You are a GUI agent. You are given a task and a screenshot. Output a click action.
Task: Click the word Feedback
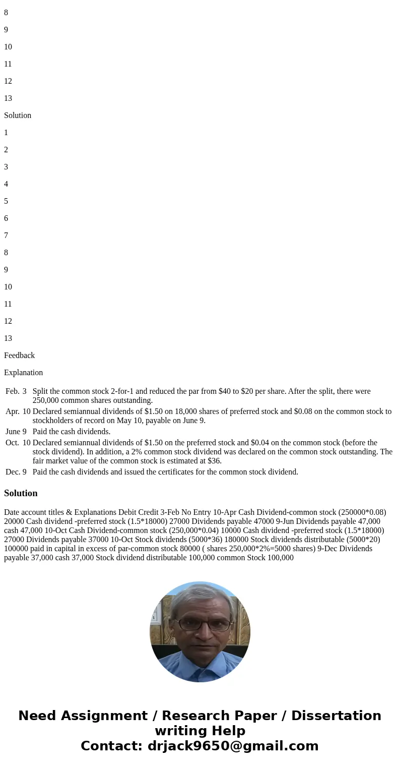click(x=19, y=356)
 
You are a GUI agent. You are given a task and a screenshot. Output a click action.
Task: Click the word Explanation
click(x=23, y=373)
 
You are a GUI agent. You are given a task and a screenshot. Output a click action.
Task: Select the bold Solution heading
click(x=21, y=493)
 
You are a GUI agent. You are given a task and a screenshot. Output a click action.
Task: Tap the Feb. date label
click(x=13, y=391)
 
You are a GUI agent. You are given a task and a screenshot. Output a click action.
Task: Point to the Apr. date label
click(x=13, y=411)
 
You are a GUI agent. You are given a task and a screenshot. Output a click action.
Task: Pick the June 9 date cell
click(x=16, y=432)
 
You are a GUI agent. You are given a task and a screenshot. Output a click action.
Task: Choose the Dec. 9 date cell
click(x=16, y=472)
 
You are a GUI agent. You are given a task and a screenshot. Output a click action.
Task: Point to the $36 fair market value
click(x=215, y=461)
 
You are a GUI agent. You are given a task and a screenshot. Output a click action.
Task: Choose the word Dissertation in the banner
click(x=336, y=716)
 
